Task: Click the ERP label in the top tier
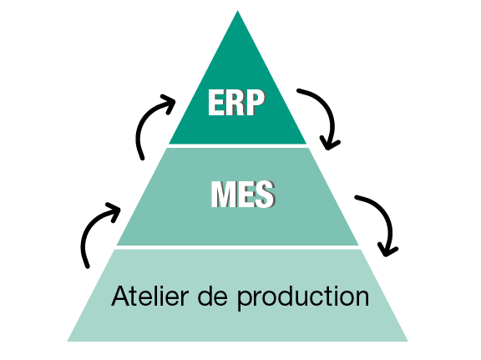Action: pyautogui.click(x=236, y=102)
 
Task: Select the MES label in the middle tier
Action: pyautogui.click(x=243, y=195)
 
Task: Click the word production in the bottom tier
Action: pyautogui.click(x=303, y=298)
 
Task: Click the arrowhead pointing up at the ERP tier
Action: pyautogui.click(x=169, y=104)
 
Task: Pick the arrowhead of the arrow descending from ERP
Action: pyautogui.click(x=330, y=144)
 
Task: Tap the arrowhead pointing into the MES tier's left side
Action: pyautogui.click(x=114, y=212)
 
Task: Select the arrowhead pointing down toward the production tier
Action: pyautogui.click(x=387, y=250)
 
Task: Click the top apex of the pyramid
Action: pyautogui.click(x=237, y=11)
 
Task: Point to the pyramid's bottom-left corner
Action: pyautogui.click(x=68, y=341)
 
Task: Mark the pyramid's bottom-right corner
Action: pyautogui.click(x=408, y=341)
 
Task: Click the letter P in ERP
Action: pyautogui.click(x=256, y=102)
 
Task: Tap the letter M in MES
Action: pyautogui.click(x=223, y=195)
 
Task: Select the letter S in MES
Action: pyautogui.click(x=265, y=195)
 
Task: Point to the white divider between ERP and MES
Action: pyautogui.click(x=238, y=146)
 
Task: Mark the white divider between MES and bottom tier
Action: pyautogui.click(x=238, y=247)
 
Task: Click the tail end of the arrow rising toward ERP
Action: pyautogui.click(x=142, y=159)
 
